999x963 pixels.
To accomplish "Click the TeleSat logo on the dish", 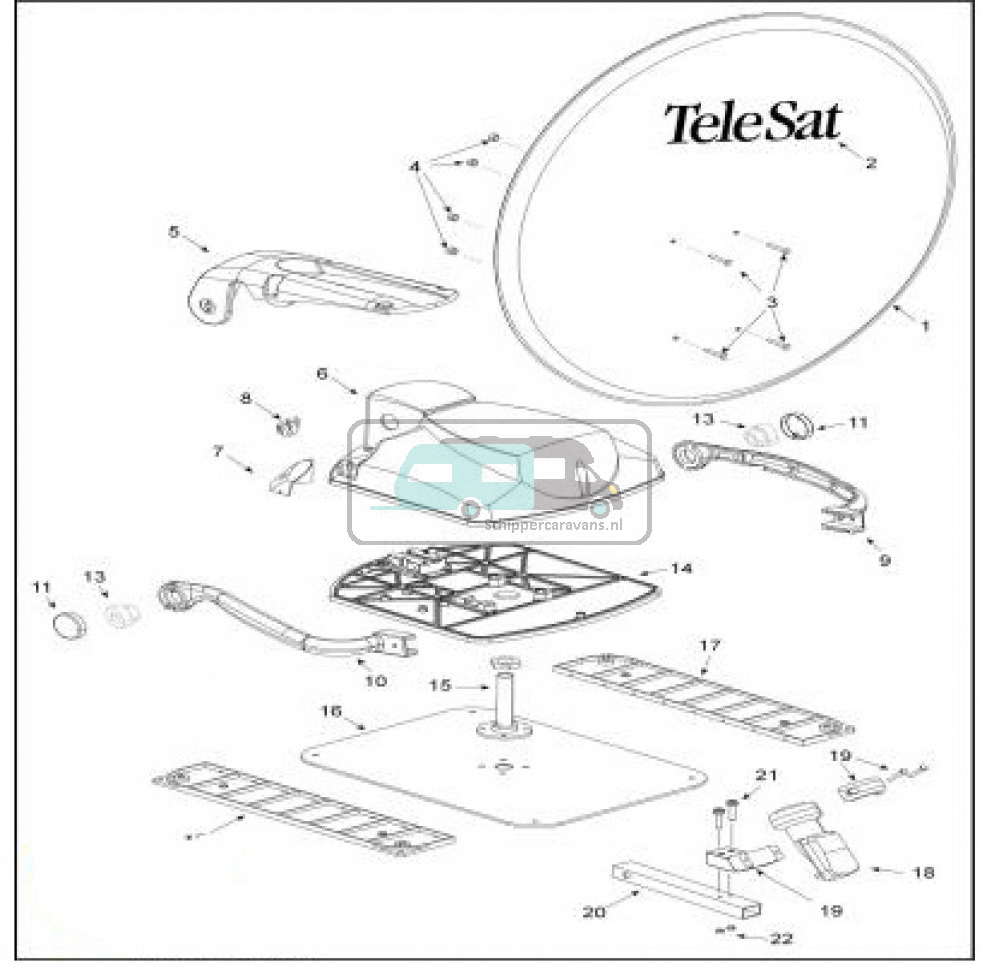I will coord(754,123).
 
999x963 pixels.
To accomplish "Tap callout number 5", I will coord(174,231).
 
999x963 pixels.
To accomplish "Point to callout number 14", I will coord(681,568).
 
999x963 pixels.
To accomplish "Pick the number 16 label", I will coord(330,711).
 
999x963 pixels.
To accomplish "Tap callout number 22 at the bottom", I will coord(781,938).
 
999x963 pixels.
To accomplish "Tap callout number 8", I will coord(246,398).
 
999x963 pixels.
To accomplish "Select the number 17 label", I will coord(709,646).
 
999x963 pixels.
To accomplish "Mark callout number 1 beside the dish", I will coord(925,325).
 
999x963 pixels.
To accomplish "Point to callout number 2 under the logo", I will coord(871,162).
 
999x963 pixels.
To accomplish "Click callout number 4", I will coord(415,166).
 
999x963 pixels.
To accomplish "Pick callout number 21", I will coord(766,775).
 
